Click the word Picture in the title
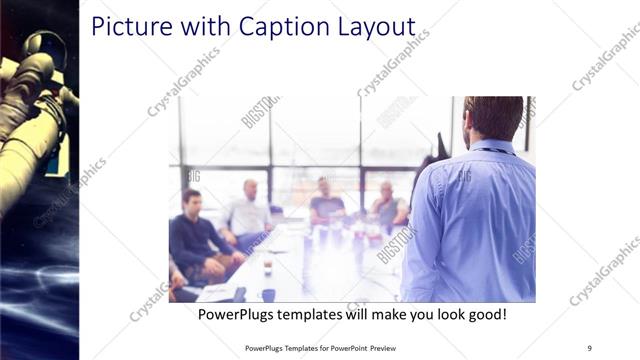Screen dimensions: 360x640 coord(129,27)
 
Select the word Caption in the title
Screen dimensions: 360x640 coord(278,27)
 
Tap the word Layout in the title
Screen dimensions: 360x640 coord(372,27)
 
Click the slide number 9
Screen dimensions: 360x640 coord(589,348)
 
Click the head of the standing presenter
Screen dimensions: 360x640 coord(493,117)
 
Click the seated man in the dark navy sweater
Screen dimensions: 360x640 coord(192,236)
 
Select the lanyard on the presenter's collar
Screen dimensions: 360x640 coord(497,150)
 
